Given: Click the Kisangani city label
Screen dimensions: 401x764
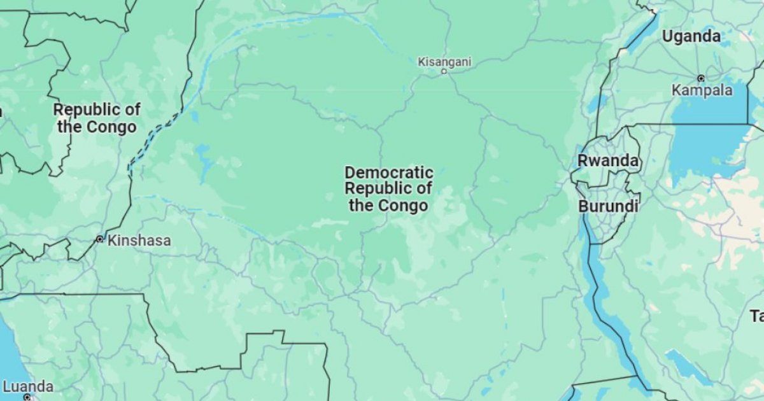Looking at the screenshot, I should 444,62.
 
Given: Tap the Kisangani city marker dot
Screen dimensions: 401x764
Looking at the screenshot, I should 444,71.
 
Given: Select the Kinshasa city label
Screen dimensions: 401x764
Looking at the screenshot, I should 139,241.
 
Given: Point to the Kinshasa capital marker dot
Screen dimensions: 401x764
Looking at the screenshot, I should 99,239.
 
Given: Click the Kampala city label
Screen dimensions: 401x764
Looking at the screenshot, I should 702,90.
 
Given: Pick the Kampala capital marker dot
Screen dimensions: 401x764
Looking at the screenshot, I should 701,78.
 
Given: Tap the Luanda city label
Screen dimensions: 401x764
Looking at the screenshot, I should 28,386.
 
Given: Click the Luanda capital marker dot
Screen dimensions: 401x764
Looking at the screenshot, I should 27,397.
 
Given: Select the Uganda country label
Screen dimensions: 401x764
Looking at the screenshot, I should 691,36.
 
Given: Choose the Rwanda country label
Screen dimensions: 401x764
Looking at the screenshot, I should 607,161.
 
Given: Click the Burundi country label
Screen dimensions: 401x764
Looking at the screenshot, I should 608,206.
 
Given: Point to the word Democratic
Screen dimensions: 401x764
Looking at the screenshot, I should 389,172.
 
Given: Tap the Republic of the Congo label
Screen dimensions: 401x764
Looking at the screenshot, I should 97,118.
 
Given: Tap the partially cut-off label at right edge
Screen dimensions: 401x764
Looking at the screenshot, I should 757,316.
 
